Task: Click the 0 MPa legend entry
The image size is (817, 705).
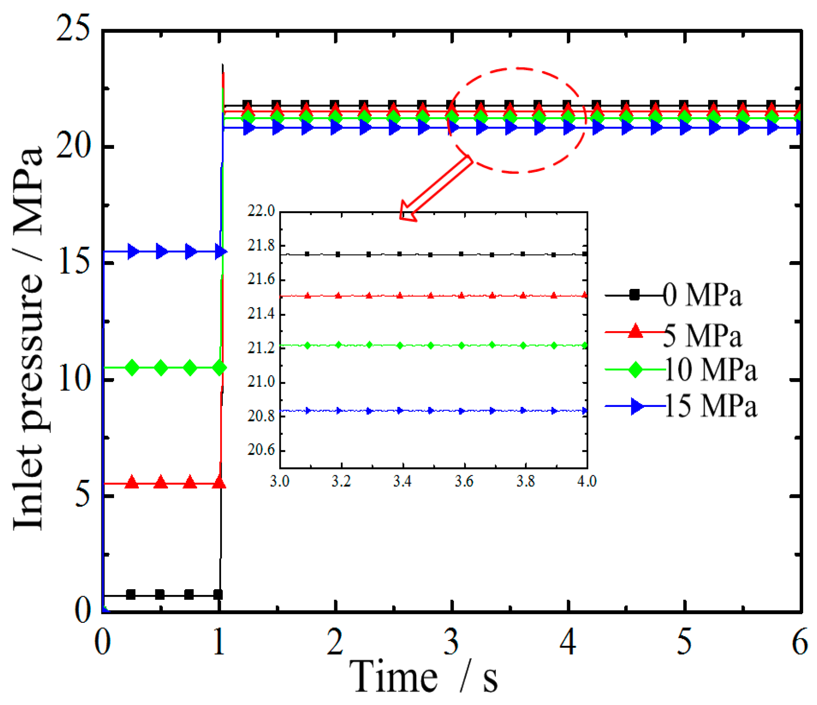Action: [x=702, y=295]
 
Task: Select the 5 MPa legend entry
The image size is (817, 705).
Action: [x=702, y=336]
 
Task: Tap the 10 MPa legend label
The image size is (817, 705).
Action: [x=711, y=370]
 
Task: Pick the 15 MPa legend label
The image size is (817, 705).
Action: [x=711, y=407]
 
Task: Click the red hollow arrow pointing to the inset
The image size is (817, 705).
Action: [x=435, y=189]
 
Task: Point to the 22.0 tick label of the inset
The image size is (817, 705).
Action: [x=261, y=211]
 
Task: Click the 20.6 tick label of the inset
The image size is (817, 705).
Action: [x=261, y=450]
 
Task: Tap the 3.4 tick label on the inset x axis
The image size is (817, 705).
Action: [x=402, y=482]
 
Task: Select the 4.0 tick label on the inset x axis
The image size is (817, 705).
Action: [x=587, y=482]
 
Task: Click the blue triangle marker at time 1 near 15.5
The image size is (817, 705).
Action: [x=220, y=252]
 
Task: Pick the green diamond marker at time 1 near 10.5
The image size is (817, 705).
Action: [x=220, y=368]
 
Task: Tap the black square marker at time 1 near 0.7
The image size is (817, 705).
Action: [x=218, y=594]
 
